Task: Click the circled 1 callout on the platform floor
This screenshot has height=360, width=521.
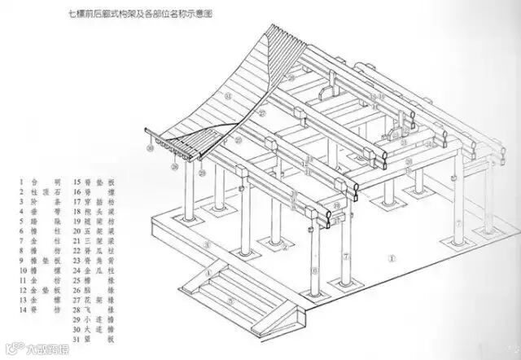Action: (392, 260)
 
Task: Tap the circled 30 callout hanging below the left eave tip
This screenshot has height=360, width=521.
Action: (150, 150)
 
